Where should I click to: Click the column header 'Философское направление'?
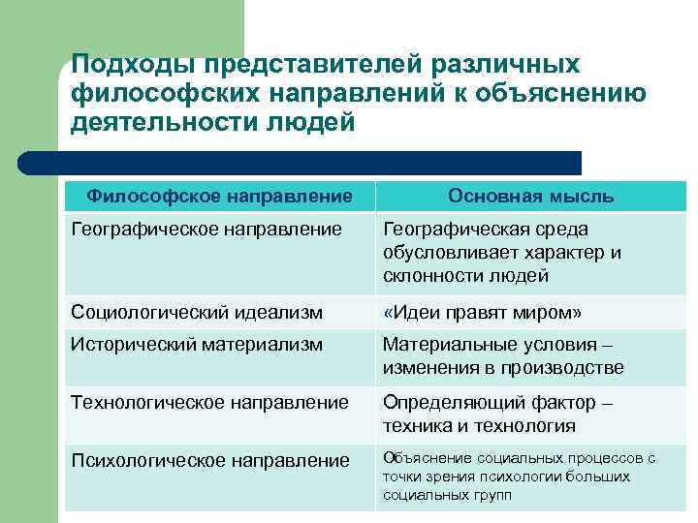point(219,197)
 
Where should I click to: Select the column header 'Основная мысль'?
point(530,197)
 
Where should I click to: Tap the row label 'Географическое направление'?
point(206,230)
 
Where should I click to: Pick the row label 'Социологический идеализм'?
point(197,313)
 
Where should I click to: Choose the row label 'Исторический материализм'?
point(197,344)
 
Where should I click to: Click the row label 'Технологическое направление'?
point(209,402)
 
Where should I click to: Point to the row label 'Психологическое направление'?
point(209,460)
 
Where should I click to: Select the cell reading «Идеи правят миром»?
point(482,313)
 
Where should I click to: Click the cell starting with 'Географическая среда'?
point(501,252)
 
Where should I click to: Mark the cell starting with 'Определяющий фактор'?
point(497,414)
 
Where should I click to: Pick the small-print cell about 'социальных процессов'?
point(519,476)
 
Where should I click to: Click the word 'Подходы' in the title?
point(131,64)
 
